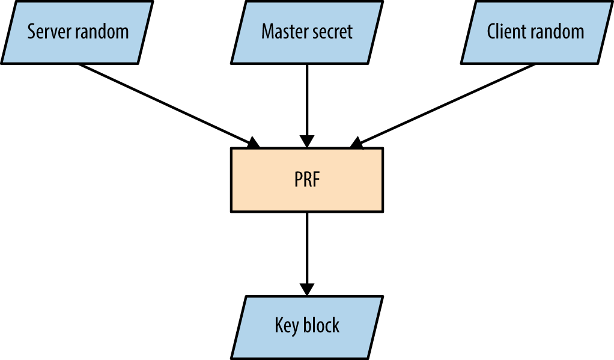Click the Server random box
(x=77, y=31)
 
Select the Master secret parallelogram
(x=307, y=31)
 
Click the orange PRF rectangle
(x=307, y=180)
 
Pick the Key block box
(x=307, y=326)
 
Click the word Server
(x=47, y=31)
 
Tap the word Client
(x=505, y=31)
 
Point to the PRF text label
(x=307, y=180)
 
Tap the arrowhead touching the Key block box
(x=307, y=289)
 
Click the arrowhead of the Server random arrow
(x=254, y=143)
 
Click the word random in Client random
(x=556, y=31)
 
